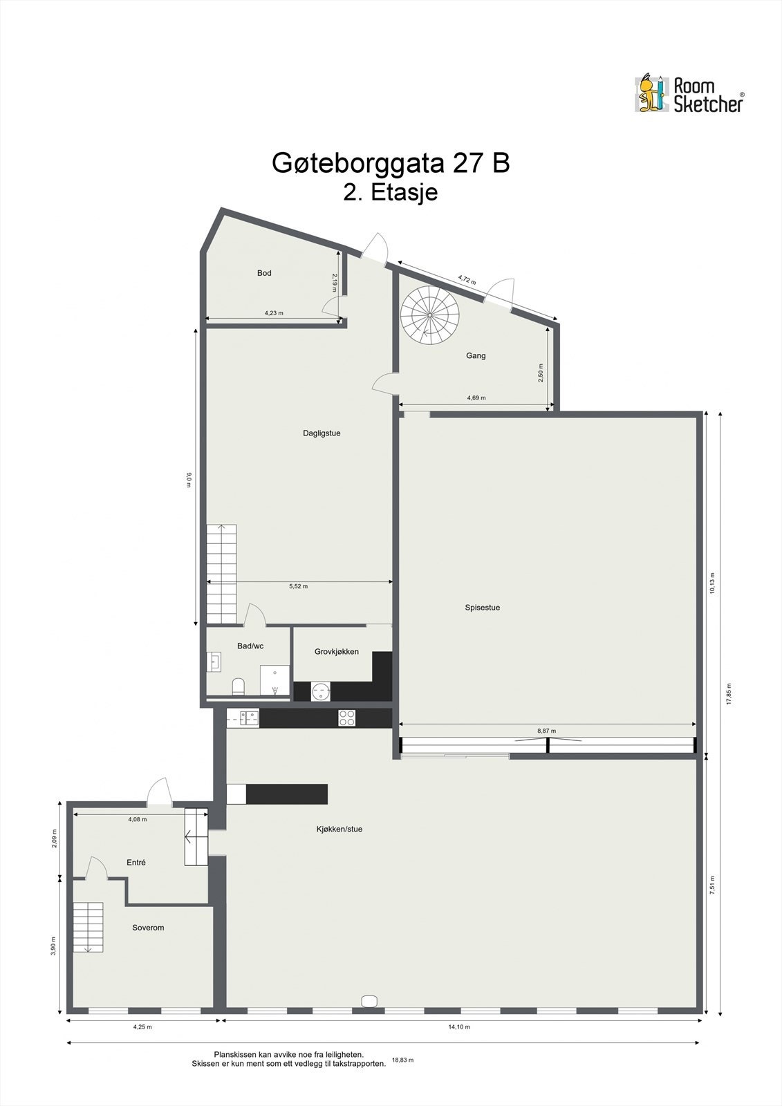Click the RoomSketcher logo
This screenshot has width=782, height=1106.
tap(689, 94)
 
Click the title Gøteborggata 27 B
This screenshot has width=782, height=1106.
tap(391, 164)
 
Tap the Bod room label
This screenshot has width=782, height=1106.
tap(264, 273)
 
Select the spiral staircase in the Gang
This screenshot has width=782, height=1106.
tap(430, 315)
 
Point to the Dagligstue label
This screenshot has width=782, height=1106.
tap(322, 433)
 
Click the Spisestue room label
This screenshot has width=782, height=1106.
tap(482, 608)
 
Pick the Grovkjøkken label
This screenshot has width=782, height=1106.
tap(337, 651)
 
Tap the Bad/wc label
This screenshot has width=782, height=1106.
tap(250, 646)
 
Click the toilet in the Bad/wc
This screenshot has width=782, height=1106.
tap(239, 686)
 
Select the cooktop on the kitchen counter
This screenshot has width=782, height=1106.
tap(346, 718)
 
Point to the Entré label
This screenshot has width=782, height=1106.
tap(136, 863)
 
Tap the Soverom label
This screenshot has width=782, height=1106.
tap(148, 928)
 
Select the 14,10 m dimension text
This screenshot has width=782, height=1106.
tap(458, 1027)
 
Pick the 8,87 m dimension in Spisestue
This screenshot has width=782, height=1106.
tap(546, 731)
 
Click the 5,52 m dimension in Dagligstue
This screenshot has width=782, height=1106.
tap(298, 586)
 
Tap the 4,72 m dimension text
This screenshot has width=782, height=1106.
tap(467, 280)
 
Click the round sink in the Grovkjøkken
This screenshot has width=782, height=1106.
tap(321, 691)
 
